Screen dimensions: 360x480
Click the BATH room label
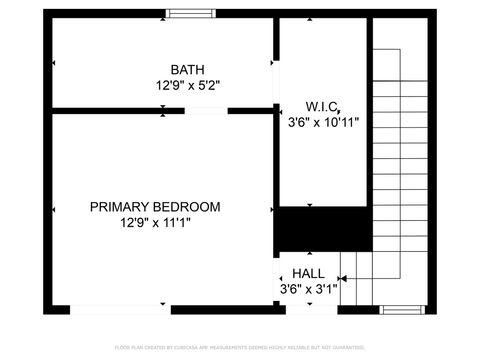[187, 70]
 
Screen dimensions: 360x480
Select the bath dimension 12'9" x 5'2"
[187, 86]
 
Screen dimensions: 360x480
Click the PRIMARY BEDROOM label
[155, 207]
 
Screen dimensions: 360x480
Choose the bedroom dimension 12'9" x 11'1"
[155, 223]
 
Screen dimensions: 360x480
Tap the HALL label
[308, 272]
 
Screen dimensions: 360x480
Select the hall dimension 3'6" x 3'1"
[308, 289]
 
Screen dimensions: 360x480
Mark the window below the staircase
[403, 310]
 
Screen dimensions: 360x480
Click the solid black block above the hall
[322, 230]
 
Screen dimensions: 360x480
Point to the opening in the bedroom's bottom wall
[119, 310]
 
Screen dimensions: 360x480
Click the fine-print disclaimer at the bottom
[239, 347]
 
